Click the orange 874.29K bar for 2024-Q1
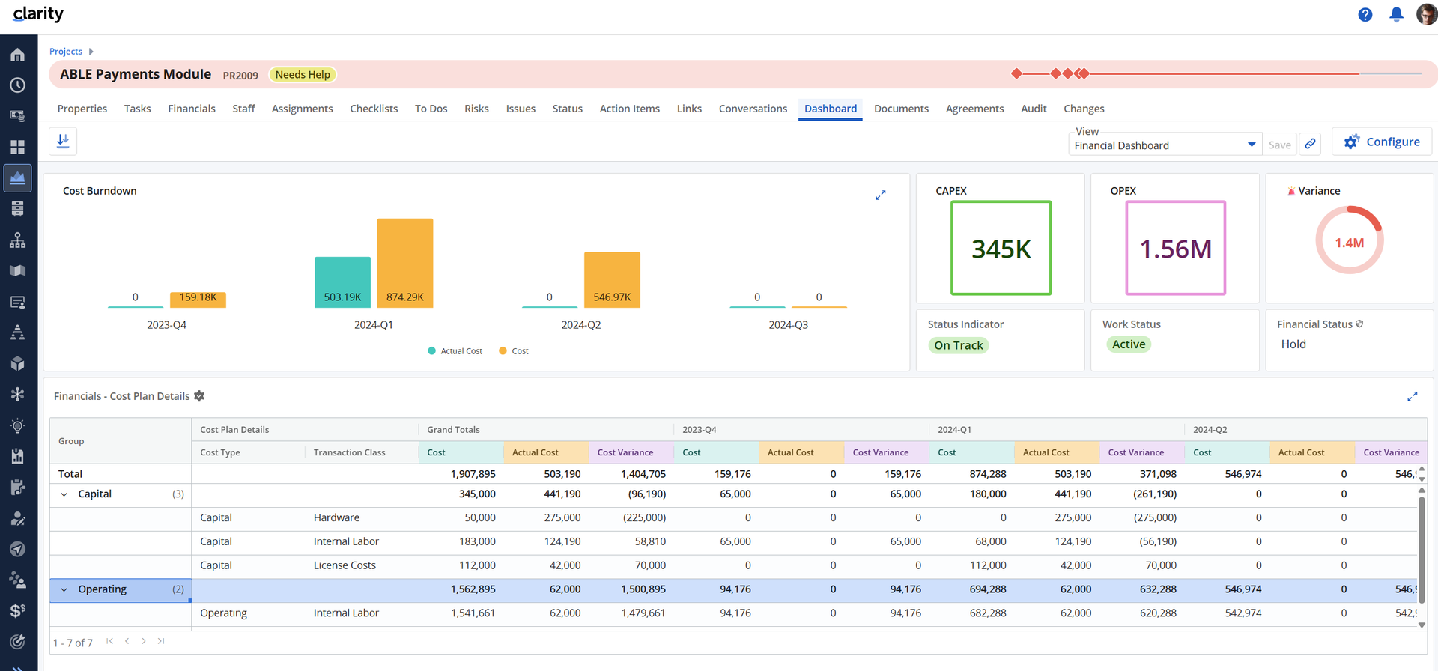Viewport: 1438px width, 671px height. click(x=405, y=263)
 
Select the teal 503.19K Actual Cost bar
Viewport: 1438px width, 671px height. click(x=342, y=282)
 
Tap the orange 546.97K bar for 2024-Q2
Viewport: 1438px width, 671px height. click(x=612, y=279)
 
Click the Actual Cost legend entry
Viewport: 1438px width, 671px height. click(x=455, y=351)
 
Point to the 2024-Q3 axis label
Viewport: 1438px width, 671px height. click(x=788, y=325)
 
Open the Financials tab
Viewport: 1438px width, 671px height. click(x=192, y=109)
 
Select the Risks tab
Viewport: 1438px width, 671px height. click(x=476, y=109)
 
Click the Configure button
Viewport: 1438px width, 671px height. click(x=1382, y=142)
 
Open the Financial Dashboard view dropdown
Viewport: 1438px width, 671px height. click(x=1165, y=145)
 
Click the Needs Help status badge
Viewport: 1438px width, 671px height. click(x=303, y=75)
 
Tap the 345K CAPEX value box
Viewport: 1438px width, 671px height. click(x=1001, y=248)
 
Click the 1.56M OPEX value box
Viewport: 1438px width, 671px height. click(x=1176, y=248)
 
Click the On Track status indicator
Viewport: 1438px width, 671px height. click(x=959, y=345)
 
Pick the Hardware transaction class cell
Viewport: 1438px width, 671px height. click(x=336, y=517)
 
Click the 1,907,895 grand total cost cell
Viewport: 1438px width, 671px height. click(x=473, y=474)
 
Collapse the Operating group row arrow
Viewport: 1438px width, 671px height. click(x=64, y=590)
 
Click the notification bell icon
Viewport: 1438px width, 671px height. click(x=1396, y=14)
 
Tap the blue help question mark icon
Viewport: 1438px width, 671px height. click(x=1365, y=15)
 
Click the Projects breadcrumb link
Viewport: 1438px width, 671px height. click(x=66, y=52)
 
